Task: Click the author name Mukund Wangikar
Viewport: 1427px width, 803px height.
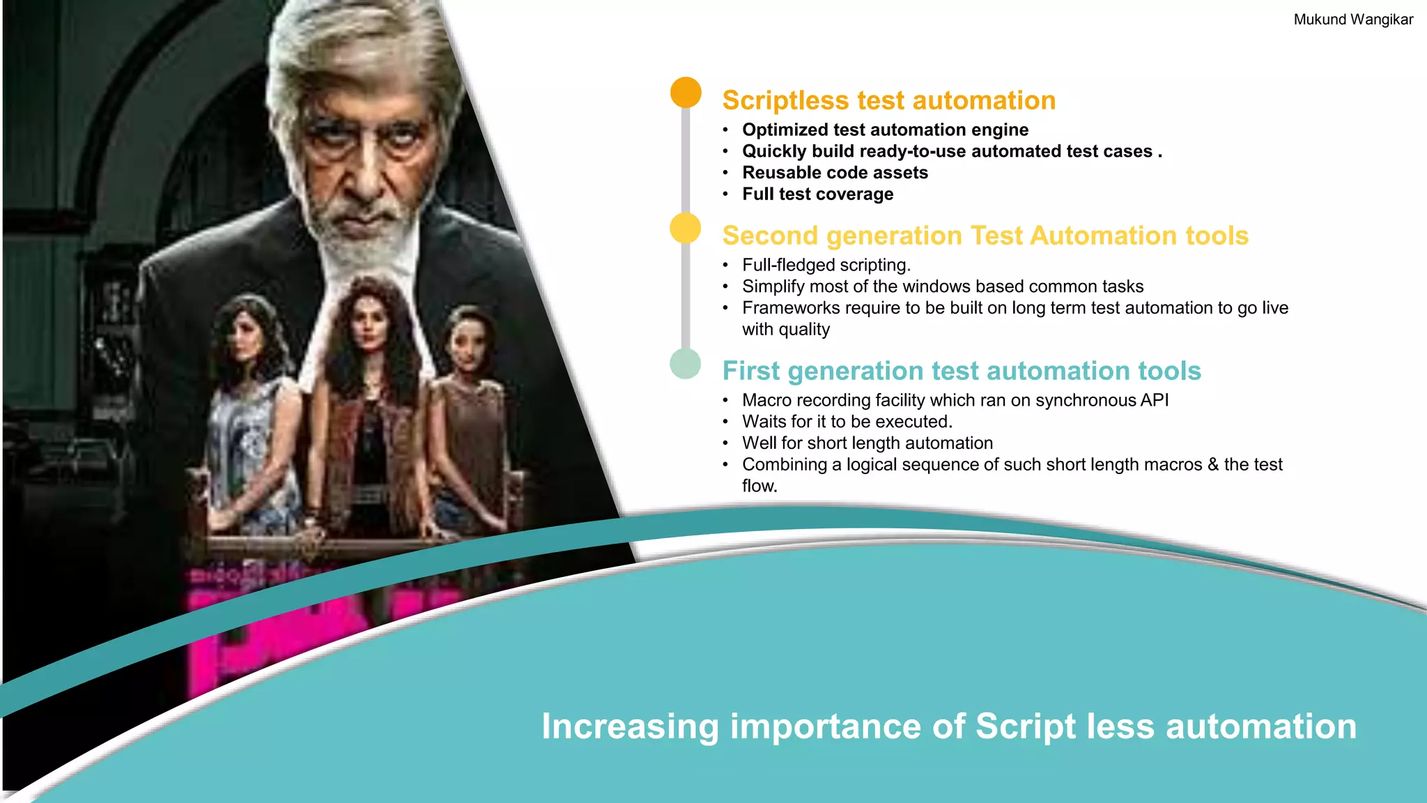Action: [x=1352, y=20]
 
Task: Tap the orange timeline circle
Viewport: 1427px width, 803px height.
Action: [x=686, y=93]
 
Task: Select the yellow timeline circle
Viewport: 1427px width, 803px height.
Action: [x=685, y=228]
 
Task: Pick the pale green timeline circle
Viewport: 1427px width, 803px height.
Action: [x=685, y=364]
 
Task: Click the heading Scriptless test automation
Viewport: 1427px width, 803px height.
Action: [x=888, y=100]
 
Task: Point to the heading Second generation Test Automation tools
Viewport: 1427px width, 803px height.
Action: [x=985, y=236]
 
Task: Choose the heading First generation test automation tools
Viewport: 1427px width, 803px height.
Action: [x=961, y=371]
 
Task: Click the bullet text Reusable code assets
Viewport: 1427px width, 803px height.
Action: [x=834, y=173]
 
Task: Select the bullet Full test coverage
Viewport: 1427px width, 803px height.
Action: [x=817, y=194]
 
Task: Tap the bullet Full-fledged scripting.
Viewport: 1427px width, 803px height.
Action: [x=826, y=266]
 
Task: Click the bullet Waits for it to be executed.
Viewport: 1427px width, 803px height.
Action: [x=847, y=422]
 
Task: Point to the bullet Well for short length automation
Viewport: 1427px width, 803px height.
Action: [x=867, y=443]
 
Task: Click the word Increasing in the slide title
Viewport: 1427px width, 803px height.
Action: [x=630, y=727]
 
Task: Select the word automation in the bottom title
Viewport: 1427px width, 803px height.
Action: [x=1260, y=727]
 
